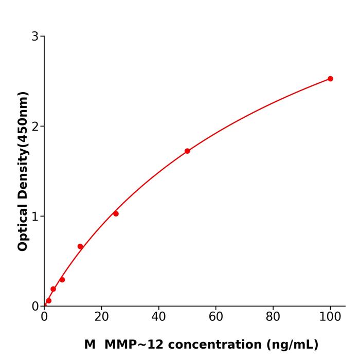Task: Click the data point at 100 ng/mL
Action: point(330,79)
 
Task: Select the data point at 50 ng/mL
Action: point(187,151)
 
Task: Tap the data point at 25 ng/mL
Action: point(116,213)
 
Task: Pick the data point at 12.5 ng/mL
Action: point(80,246)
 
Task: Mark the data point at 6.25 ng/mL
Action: point(62,280)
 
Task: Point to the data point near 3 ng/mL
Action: point(53,289)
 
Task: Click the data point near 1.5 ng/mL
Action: point(48,301)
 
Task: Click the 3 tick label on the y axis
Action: point(35,37)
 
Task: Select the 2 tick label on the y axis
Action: point(35,127)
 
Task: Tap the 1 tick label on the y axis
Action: point(35,217)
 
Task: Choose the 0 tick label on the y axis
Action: point(35,307)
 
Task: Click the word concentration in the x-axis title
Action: point(215,345)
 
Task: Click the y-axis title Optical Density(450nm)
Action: point(23,171)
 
